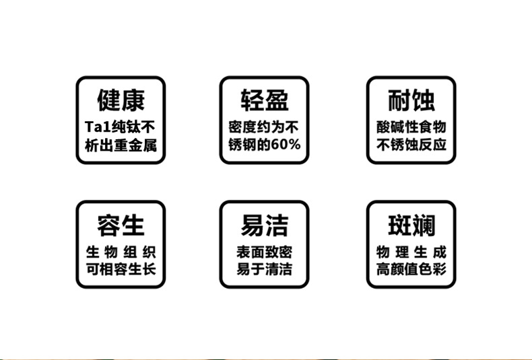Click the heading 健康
pyautogui.click(x=121, y=101)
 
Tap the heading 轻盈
pyautogui.click(x=265, y=101)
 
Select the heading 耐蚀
pyautogui.click(x=411, y=101)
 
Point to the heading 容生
pyautogui.click(x=121, y=225)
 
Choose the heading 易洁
pyautogui.click(x=265, y=225)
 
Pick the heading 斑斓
pyautogui.click(x=411, y=225)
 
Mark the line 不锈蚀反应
pyautogui.click(x=411, y=145)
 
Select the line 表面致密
pyautogui.click(x=265, y=253)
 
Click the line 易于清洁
pyautogui.click(x=265, y=271)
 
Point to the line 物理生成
pyautogui.click(x=411, y=253)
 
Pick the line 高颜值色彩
pyautogui.click(x=411, y=271)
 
